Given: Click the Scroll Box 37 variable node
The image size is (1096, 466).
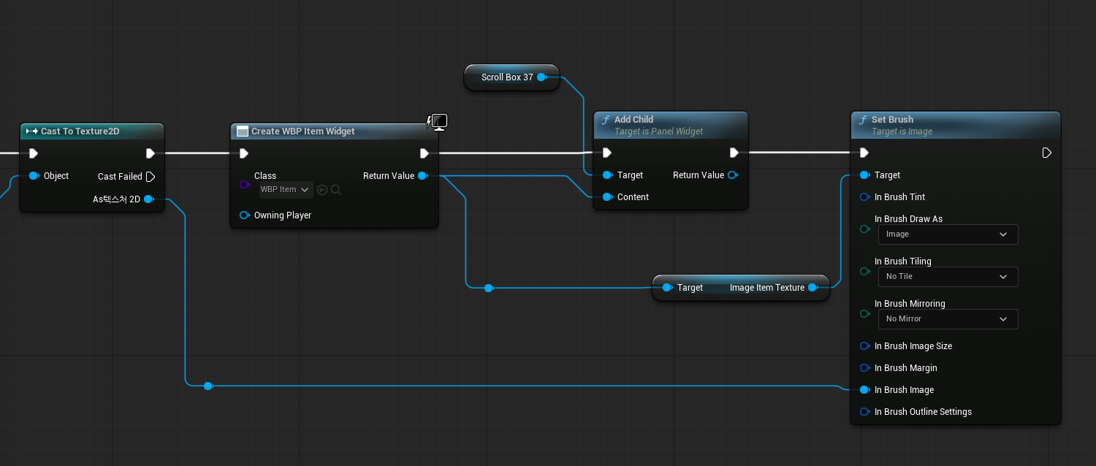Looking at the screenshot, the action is click(x=511, y=77).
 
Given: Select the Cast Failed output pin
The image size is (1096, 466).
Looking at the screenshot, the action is click(x=151, y=177).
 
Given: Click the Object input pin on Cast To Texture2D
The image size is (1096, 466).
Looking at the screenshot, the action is click(x=34, y=176).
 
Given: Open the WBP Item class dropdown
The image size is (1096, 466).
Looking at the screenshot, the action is click(x=285, y=190).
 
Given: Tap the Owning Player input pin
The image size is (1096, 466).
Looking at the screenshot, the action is click(x=244, y=215).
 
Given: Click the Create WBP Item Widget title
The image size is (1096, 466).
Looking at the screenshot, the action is click(x=303, y=131).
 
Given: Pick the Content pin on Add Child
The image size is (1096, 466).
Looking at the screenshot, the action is click(x=607, y=197).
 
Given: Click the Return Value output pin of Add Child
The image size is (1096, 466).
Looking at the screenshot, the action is click(x=733, y=175).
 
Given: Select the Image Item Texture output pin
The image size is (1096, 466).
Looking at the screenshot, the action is click(x=813, y=288).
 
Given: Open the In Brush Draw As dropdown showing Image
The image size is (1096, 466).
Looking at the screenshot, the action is click(x=948, y=234).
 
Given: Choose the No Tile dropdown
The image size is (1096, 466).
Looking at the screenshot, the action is click(x=948, y=277).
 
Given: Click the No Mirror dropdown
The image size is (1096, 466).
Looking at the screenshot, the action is click(x=948, y=318).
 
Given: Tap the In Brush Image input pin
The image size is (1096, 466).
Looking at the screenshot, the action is click(x=865, y=390).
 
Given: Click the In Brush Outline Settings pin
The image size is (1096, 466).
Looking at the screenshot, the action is click(x=865, y=412).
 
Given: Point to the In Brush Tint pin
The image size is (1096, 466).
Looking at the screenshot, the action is click(x=865, y=197).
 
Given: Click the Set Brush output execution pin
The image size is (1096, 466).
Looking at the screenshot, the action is click(x=1046, y=153).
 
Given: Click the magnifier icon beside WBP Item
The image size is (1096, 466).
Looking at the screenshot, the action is click(x=336, y=190).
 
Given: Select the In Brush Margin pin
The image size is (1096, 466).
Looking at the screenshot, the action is click(x=865, y=367).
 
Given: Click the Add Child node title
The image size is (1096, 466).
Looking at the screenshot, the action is click(x=633, y=119).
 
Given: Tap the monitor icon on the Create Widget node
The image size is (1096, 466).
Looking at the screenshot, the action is click(x=438, y=122).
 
